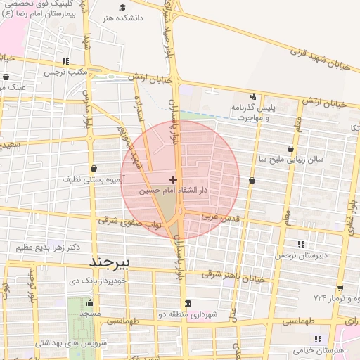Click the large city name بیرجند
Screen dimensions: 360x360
point(112,262)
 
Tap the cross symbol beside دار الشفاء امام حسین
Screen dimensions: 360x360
point(173,180)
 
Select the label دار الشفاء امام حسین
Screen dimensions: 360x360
point(172,191)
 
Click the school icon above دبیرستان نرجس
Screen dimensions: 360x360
point(301,244)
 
